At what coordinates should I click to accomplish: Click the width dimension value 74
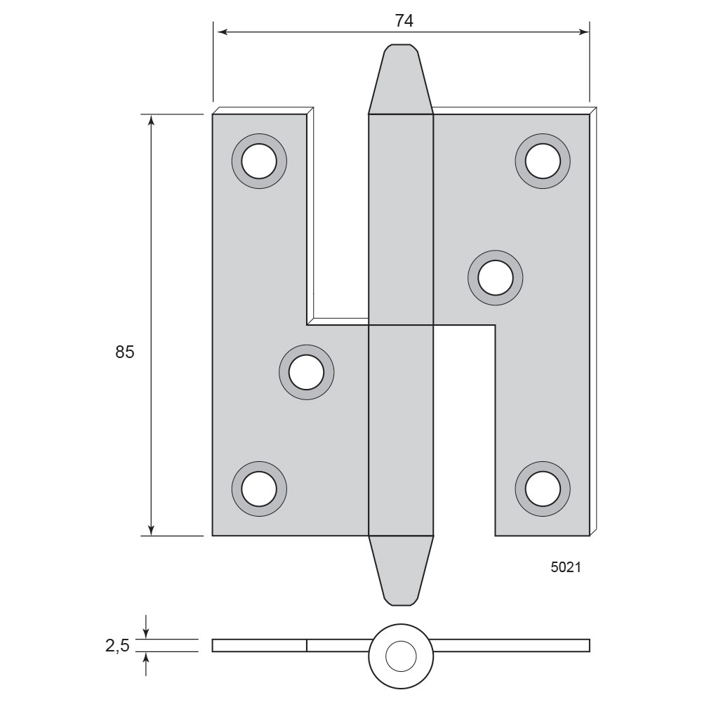point(404,20)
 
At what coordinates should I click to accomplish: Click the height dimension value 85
point(124,352)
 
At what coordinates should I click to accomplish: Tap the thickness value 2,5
point(117,646)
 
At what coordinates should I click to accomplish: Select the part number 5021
point(566,567)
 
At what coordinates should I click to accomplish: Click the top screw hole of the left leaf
point(259,161)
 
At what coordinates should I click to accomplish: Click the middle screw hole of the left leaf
point(306,372)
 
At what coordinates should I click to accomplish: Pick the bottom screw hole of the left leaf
point(259,489)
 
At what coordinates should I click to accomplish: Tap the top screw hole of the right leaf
point(543,161)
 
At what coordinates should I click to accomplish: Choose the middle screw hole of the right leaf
point(495,277)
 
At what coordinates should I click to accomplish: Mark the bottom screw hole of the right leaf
point(543,489)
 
